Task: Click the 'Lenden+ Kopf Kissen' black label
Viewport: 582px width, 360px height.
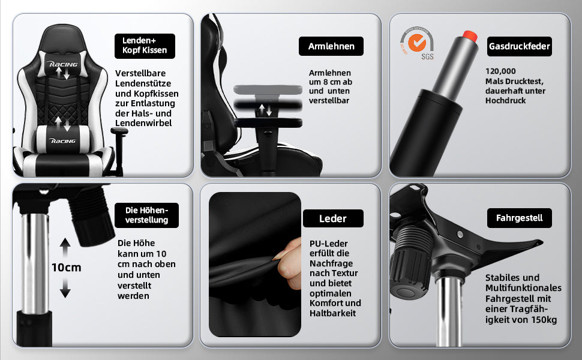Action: tap(145, 46)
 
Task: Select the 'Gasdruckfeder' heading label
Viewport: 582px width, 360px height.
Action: tap(520, 46)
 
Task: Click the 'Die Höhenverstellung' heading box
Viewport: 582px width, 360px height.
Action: tap(147, 215)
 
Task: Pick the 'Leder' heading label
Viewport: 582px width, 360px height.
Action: tap(333, 218)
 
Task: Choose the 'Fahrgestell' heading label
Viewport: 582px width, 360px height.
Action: tap(520, 218)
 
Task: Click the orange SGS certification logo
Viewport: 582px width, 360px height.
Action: tap(417, 43)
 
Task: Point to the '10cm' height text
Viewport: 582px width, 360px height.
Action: tap(66, 268)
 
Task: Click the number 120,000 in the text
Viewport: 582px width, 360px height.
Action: tap(500, 71)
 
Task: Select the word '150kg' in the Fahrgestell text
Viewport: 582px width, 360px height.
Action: tap(542, 320)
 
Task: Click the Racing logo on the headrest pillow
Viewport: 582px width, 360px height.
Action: tap(63, 62)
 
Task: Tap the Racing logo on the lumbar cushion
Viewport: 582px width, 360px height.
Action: tap(63, 140)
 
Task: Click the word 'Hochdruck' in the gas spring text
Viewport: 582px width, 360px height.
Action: tap(505, 100)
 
